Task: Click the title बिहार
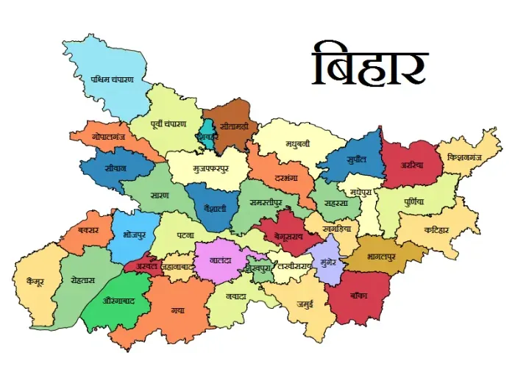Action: pyautogui.click(x=369, y=68)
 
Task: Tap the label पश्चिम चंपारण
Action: pyautogui.click(x=112, y=79)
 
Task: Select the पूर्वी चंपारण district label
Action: pyautogui.click(x=166, y=124)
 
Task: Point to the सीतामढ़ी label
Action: pyautogui.click(x=227, y=126)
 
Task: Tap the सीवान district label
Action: pyautogui.click(x=116, y=168)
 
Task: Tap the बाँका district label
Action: pyautogui.click(x=359, y=296)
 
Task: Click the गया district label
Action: pyautogui.click(x=177, y=311)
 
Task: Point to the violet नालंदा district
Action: pyautogui.click(x=220, y=260)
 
